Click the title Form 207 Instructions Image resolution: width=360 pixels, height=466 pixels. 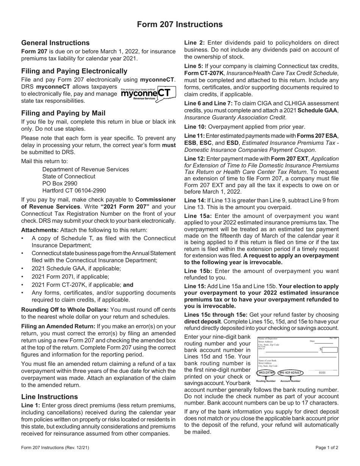180,25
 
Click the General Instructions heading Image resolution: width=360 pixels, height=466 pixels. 55,43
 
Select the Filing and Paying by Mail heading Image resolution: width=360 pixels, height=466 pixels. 63,113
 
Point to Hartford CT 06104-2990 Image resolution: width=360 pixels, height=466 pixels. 74,191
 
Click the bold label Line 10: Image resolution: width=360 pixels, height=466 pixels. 195,127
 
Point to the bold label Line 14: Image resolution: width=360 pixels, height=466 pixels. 195,201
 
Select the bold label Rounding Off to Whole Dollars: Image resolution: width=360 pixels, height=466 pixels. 59,310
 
